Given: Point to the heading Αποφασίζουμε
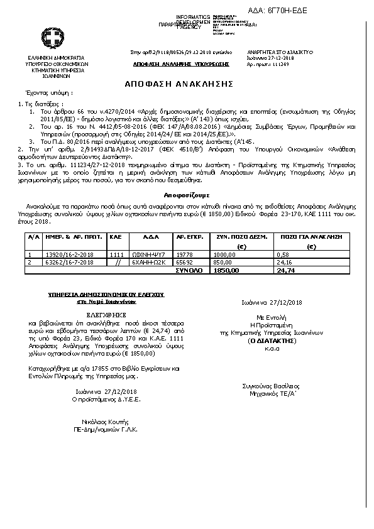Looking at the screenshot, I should [187, 178].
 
